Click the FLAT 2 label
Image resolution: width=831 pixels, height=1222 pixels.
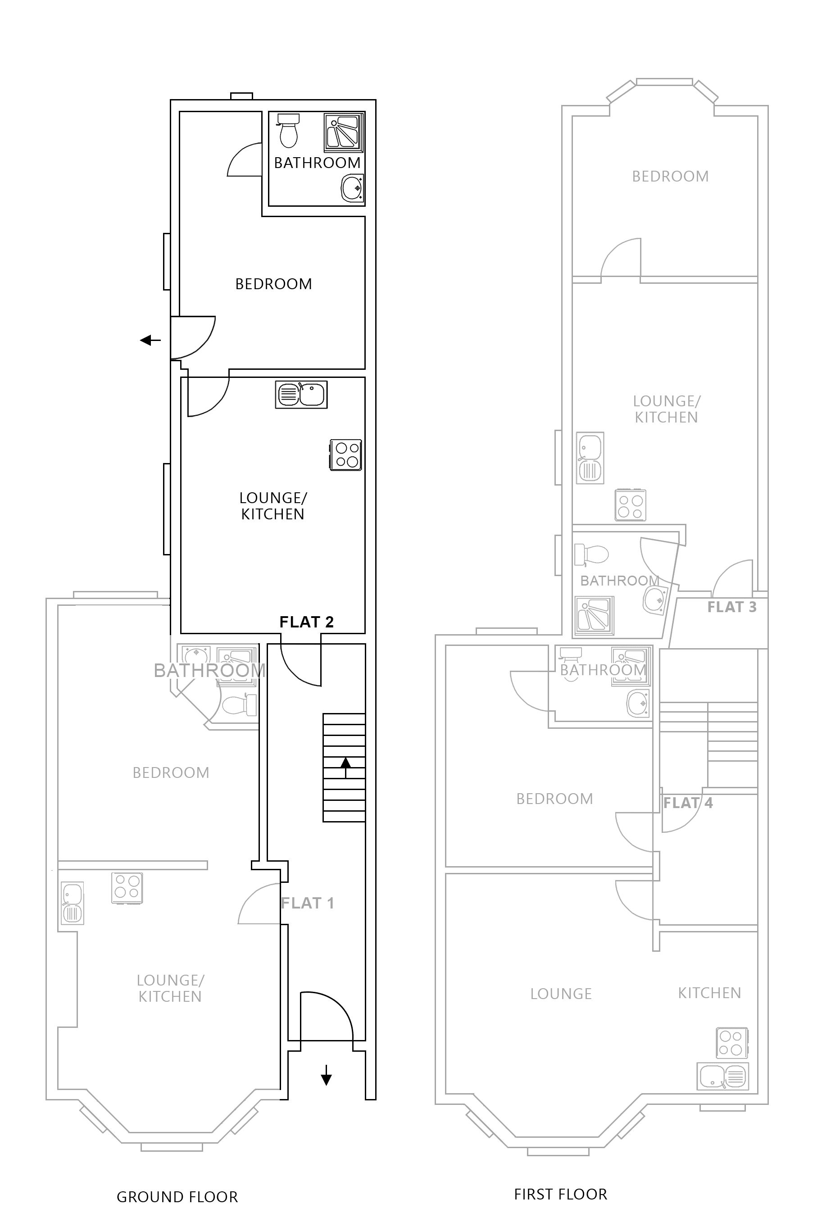coord(306,622)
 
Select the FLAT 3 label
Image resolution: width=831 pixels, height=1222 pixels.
coord(731,607)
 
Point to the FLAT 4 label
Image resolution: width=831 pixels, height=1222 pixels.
coord(687,803)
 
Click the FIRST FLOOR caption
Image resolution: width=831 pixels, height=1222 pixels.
coord(560,1195)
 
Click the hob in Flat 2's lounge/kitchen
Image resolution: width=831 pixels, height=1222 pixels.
coord(346,455)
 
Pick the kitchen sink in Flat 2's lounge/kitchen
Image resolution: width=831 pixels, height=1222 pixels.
coord(301,395)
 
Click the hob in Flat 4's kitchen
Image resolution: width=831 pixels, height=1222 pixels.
coord(731,1043)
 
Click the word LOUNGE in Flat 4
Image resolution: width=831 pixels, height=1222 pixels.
coord(561,994)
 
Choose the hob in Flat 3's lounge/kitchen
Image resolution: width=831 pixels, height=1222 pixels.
coord(630,505)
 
